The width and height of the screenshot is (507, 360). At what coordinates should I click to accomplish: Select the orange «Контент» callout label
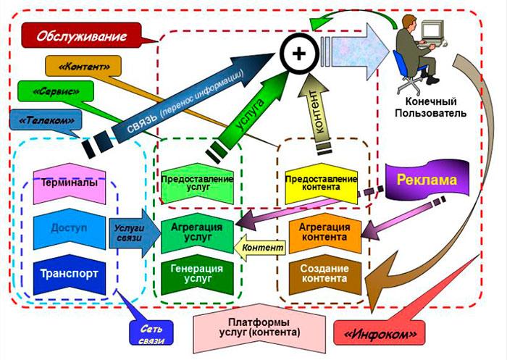click(x=77, y=67)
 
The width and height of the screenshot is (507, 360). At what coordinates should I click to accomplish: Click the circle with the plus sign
click(x=298, y=54)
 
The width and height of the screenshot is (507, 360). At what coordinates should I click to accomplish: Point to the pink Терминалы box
click(x=70, y=183)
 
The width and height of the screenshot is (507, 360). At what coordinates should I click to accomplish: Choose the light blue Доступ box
click(x=70, y=227)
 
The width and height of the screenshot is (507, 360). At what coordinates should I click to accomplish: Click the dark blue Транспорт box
click(x=70, y=275)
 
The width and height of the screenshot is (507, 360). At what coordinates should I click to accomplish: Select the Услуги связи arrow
click(x=130, y=232)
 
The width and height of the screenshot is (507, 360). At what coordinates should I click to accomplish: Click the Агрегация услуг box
click(x=197, y=231)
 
